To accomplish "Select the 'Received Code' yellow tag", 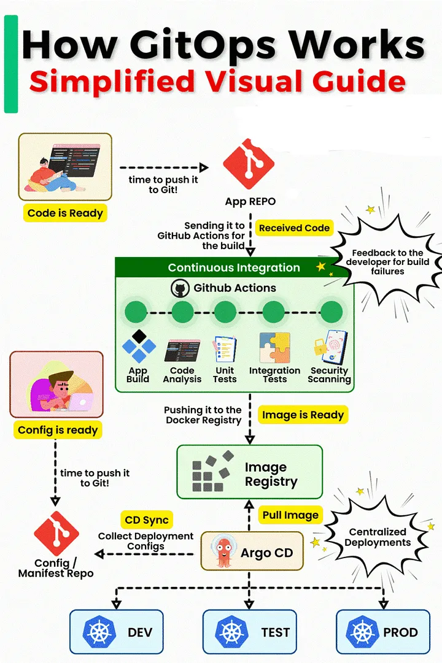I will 294,228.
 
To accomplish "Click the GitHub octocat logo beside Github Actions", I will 180,288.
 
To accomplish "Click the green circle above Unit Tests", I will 225,312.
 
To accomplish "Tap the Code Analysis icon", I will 182,350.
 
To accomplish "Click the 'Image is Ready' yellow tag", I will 303,415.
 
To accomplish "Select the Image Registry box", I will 249,472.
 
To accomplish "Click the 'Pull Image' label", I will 290,515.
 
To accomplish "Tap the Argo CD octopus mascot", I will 223,551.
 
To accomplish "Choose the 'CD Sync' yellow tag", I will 147,520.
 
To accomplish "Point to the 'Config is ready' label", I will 58,429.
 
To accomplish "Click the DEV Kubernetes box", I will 116,631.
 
